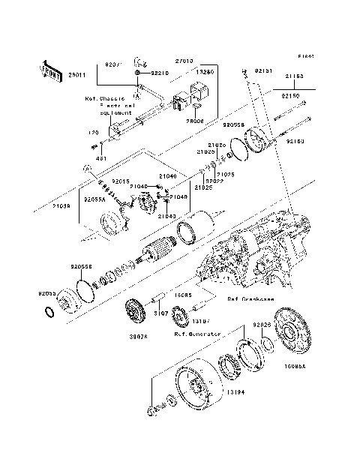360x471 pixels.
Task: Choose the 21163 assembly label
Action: coord(295,76)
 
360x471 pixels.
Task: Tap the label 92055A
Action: coord(94,200)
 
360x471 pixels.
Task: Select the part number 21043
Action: coord(166,216)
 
